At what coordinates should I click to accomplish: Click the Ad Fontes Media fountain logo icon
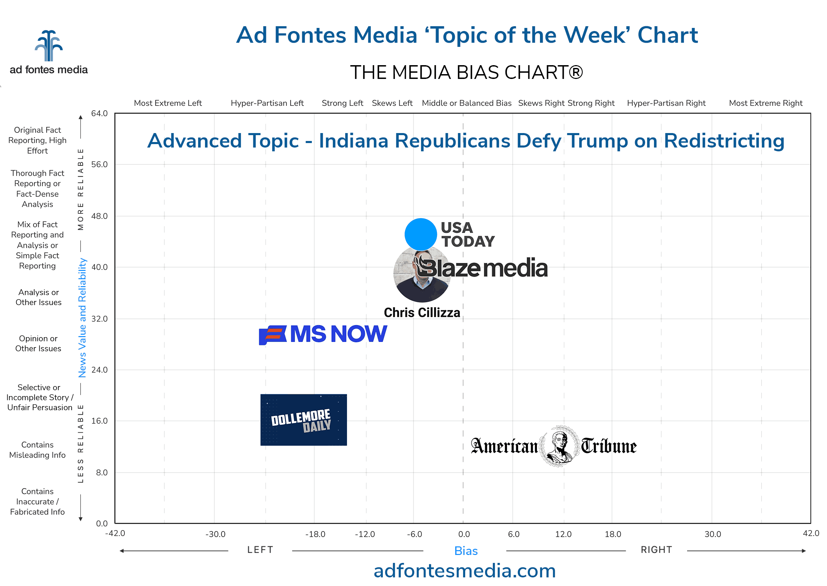[49, 46]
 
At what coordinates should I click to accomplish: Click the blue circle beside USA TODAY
[420, 234]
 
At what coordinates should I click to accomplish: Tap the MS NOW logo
[323, 334]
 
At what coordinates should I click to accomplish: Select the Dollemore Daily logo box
[303, 420]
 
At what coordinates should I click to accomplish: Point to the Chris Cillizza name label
[422, 313]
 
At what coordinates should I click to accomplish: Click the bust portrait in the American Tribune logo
[559, 446]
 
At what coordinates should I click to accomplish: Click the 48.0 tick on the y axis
[99, 216]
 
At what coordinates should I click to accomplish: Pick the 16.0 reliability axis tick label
[99, 421]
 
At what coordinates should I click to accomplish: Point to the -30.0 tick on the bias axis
[215, 534]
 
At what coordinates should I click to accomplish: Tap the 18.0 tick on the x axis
[613, 534]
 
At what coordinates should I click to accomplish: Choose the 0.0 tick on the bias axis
[464, 534]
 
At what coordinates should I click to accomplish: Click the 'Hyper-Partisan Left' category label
[267, 103]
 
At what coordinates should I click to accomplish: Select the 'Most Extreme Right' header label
[765, 103]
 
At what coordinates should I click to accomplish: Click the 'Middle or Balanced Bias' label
[466, 103]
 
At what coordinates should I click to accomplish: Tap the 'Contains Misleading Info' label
[38, 449]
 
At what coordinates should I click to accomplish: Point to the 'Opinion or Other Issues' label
[38, 343]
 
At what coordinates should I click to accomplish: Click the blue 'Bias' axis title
[466, 550]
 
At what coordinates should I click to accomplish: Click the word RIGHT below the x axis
[656, 549]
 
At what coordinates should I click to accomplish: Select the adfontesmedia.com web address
[464, 571]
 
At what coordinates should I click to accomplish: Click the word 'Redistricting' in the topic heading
[724, 141]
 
